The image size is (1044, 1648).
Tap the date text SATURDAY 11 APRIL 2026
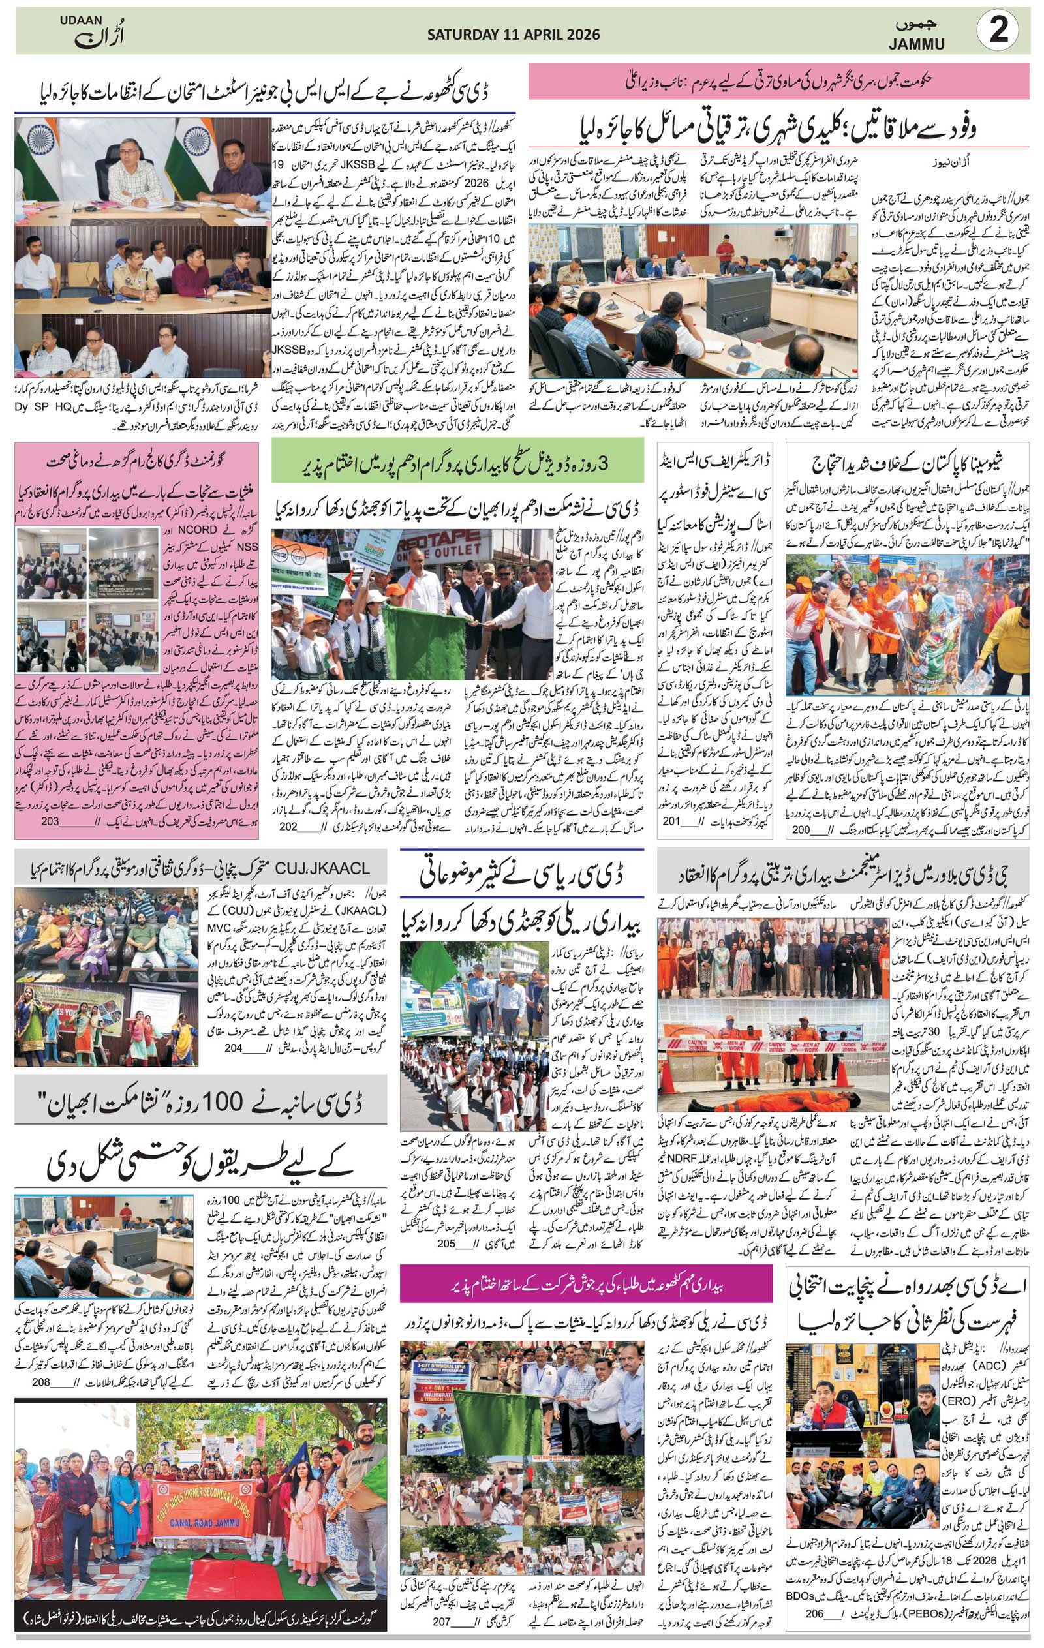[x=514, y=35]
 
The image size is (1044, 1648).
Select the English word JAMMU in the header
[x=917, y=44]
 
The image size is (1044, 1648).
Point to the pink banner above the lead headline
[x=778, y=82]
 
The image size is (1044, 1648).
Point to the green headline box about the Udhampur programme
[x=457, y=463]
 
